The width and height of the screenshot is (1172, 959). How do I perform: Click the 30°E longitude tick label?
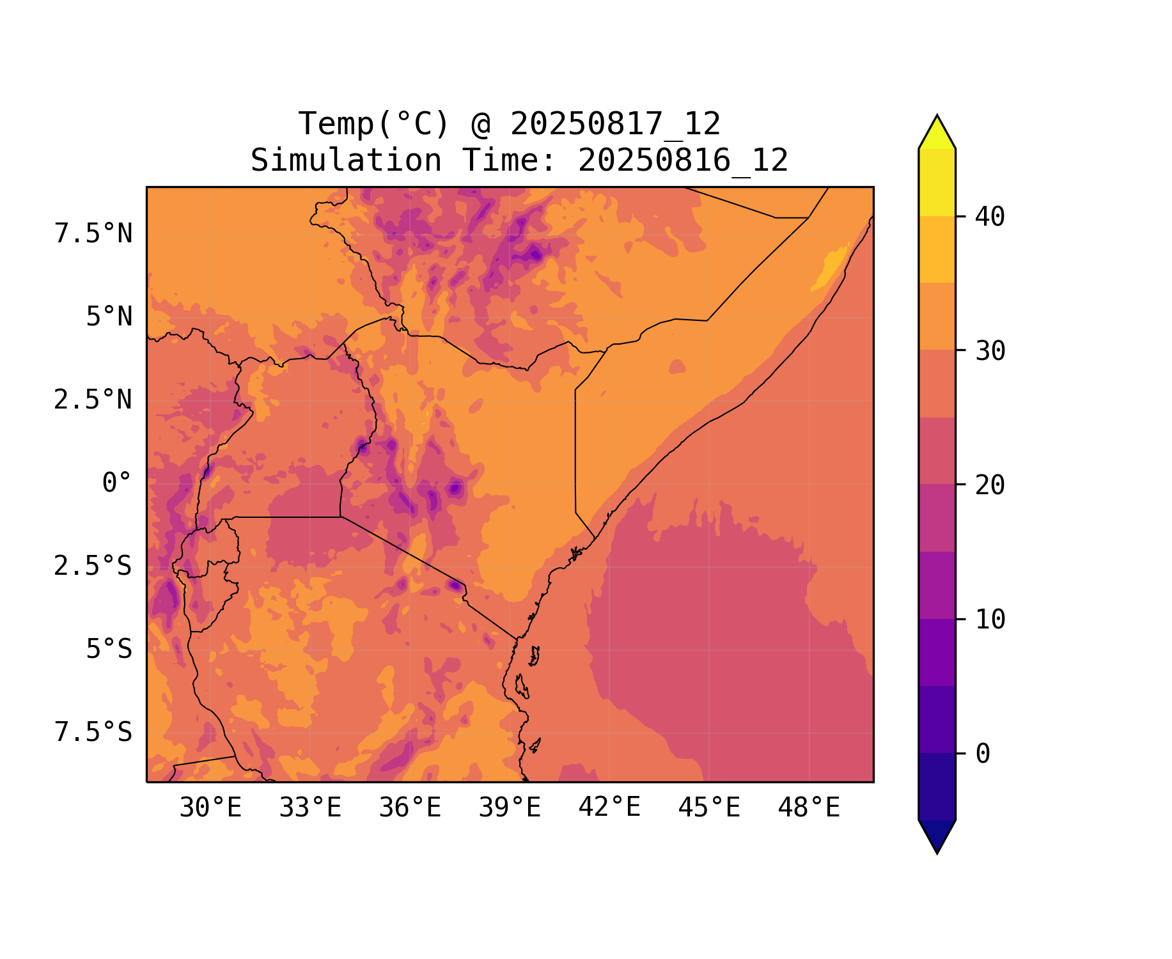point(210,808)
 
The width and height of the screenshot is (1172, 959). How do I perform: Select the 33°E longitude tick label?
point(310,808)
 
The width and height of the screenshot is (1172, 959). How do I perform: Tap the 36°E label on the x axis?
point(410,808)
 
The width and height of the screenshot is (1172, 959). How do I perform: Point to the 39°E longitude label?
point(510,808)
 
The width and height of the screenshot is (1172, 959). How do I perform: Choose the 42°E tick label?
point(609,808)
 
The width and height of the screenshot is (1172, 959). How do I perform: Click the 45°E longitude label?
point(709,808)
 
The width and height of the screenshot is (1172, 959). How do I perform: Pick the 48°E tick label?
point(809,808)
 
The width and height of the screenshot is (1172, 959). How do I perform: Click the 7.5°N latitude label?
point(93,234)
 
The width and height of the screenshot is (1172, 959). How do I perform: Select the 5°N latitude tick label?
point(109,317)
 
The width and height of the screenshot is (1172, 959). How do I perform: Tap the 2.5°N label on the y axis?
point(93,400)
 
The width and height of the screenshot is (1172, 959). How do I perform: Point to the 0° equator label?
point(116,483)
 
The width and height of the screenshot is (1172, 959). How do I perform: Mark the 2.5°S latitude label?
point(93,566)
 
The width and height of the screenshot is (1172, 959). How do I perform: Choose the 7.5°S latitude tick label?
point(93,733)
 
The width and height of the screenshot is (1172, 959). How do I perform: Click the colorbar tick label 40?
point(990,217)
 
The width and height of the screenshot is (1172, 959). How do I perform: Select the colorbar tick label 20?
point(990,485)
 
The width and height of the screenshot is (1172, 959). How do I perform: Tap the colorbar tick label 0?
point(983,754)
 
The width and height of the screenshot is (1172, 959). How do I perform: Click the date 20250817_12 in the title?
point(615,124)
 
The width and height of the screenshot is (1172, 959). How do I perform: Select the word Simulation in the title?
point(346,160)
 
